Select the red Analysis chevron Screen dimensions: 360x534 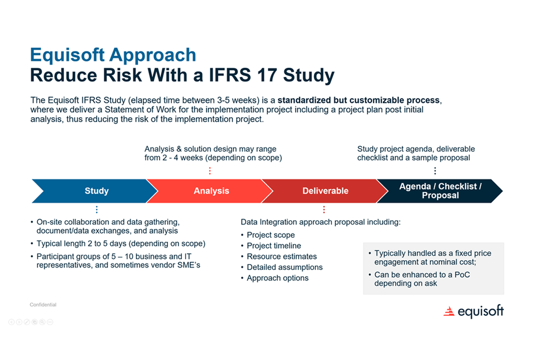pos(211,191)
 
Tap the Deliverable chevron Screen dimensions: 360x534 pos(325,191)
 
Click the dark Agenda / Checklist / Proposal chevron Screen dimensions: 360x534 pos(440,191)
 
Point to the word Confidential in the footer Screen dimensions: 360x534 pos(43,305)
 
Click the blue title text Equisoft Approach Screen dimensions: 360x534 pos(113,55)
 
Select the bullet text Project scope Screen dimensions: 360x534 pos(271,235)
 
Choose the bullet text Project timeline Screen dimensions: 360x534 pos(274,246)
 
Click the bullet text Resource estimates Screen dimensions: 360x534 pos(282,256)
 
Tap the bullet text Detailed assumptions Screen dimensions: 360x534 pos(284,267)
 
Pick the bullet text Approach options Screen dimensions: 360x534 pos(277,278)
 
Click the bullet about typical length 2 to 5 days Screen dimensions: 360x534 pos(121,244)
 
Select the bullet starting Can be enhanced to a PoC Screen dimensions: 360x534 pos(422,279)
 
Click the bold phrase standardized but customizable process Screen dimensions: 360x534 pos(358,100)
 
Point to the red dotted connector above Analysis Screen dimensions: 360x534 pos(210,171)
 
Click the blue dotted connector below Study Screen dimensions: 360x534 pos(96,210)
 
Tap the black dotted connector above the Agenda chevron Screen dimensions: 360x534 pos(435,171)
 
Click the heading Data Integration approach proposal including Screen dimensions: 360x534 pos(320,222)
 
